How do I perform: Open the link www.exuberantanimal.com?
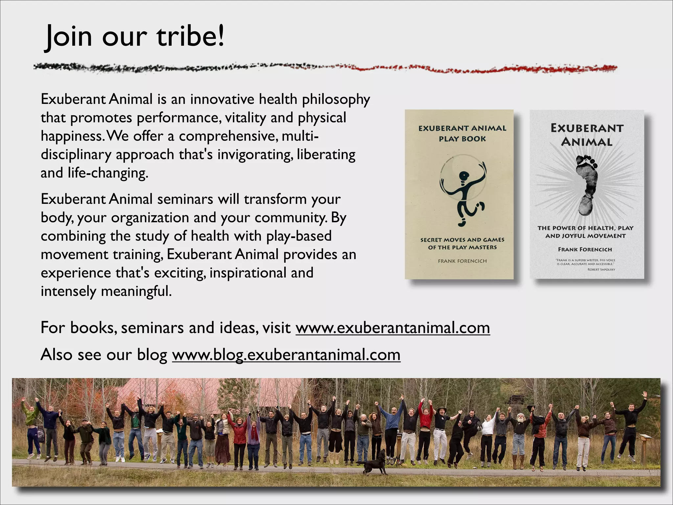393,328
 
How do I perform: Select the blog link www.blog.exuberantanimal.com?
286,355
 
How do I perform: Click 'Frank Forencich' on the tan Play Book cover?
462,261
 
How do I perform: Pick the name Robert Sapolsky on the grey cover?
601,270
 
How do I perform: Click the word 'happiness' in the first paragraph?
72,136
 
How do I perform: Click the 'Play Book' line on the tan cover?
462,139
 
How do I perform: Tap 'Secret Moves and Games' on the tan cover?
462,240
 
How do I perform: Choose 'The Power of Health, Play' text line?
585,228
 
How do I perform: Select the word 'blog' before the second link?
152,355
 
